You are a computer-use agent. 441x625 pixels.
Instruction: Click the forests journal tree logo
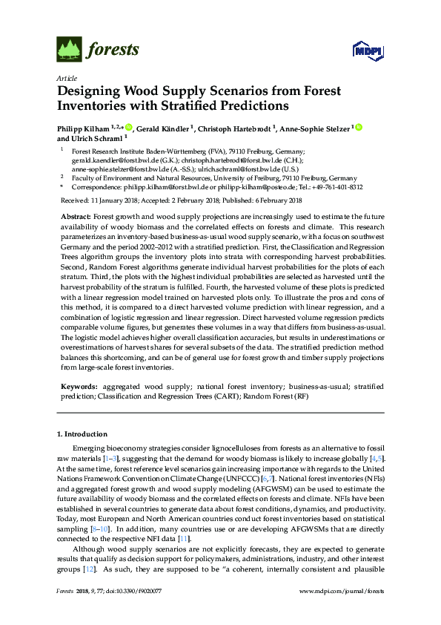pos(69,50)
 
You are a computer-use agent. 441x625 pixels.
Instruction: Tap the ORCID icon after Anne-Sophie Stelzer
pos(359,128)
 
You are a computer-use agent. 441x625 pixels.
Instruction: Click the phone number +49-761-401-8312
pos(339,188)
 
